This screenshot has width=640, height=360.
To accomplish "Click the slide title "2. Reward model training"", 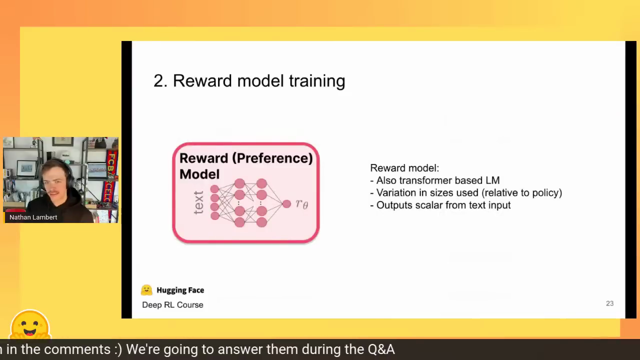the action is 249,81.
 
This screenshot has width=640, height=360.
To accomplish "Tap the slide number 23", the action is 609,303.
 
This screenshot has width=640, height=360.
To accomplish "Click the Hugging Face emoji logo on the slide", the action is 146,290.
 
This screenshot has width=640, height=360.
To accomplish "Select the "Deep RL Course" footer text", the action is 172,305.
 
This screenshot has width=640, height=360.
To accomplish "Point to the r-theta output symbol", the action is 302,204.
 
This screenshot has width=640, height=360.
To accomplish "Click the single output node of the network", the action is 286,204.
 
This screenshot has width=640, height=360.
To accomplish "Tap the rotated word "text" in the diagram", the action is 198,202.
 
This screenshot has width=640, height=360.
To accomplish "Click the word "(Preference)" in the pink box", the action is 272,158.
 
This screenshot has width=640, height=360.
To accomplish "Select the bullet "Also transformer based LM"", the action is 435,180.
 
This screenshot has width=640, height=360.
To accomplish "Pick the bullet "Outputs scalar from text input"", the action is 440,205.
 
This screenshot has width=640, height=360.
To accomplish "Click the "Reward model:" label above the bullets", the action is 404,168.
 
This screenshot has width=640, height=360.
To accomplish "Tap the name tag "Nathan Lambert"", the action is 33,217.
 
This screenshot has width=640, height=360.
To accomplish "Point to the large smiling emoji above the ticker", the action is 30,325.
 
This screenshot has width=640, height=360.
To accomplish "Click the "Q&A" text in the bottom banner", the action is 381,349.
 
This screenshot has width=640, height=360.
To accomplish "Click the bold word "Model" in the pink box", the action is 199,174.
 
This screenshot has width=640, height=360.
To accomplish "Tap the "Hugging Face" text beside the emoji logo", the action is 180,290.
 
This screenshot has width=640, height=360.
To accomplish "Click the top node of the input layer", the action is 214,189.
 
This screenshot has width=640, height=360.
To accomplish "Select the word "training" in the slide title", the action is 317,81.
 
